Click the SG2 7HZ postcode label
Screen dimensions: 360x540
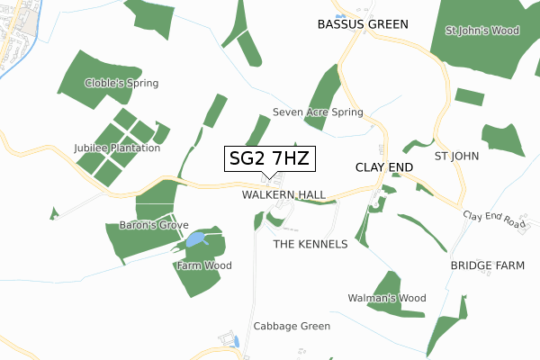269,158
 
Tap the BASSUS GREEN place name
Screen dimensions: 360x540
363,24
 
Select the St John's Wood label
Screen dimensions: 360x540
482,31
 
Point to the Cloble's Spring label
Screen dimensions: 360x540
122,83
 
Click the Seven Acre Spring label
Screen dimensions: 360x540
318,112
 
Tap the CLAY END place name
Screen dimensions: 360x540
384,167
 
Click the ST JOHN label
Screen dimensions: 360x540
456,156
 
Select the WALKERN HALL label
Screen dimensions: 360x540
283,194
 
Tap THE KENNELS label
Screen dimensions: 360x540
310,244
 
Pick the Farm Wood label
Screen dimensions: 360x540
204,265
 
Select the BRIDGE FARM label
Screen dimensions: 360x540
487,266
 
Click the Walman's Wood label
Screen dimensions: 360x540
386,298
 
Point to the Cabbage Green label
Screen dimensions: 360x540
292,326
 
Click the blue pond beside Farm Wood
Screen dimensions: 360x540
195,239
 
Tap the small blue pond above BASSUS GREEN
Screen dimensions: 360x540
340,16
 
